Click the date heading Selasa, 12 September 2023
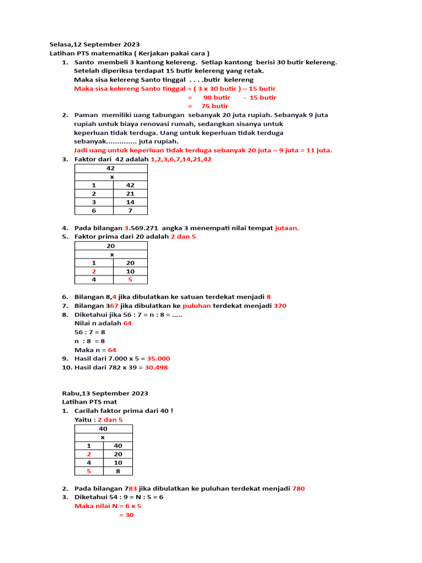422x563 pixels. pos(95,45)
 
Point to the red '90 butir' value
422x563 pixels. pos(216,97)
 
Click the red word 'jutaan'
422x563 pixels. pos(287,228)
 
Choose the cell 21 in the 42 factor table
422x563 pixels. pos(130,194)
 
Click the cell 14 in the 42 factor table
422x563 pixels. pos(130,202)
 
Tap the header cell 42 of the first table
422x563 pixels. pos(110,168)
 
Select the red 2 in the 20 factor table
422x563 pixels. pos(94,271)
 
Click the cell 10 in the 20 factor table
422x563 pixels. pos(130,271)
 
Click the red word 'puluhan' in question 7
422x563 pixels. pos(197,306)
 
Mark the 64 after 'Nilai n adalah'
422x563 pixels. pos(127,323)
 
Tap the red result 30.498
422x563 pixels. pos(156,367)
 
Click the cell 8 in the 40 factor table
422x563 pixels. pos(118,471)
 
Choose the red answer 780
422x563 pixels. pos(298,488)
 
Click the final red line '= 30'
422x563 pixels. pos(126,515)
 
